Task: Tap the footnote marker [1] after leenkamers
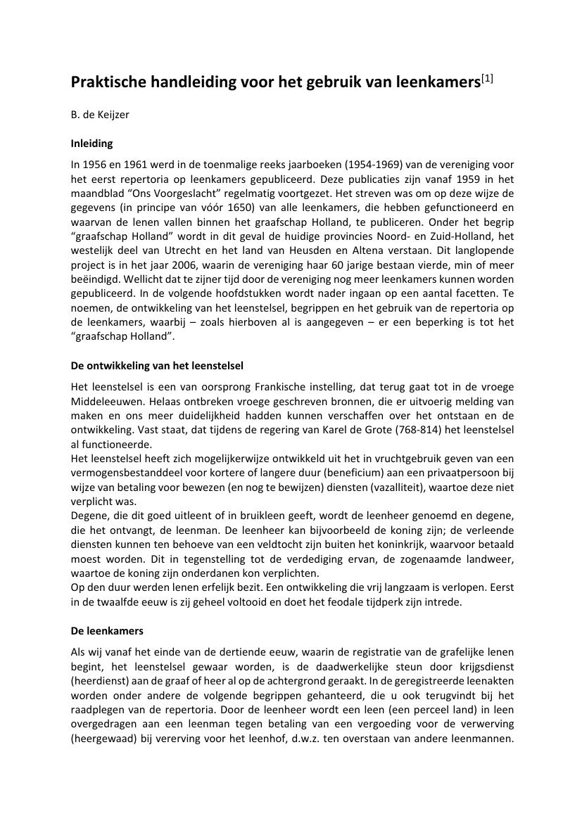486,79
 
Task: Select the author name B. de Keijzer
100,114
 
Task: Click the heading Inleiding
91,143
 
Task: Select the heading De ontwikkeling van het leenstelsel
157,366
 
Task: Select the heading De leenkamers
107,631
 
